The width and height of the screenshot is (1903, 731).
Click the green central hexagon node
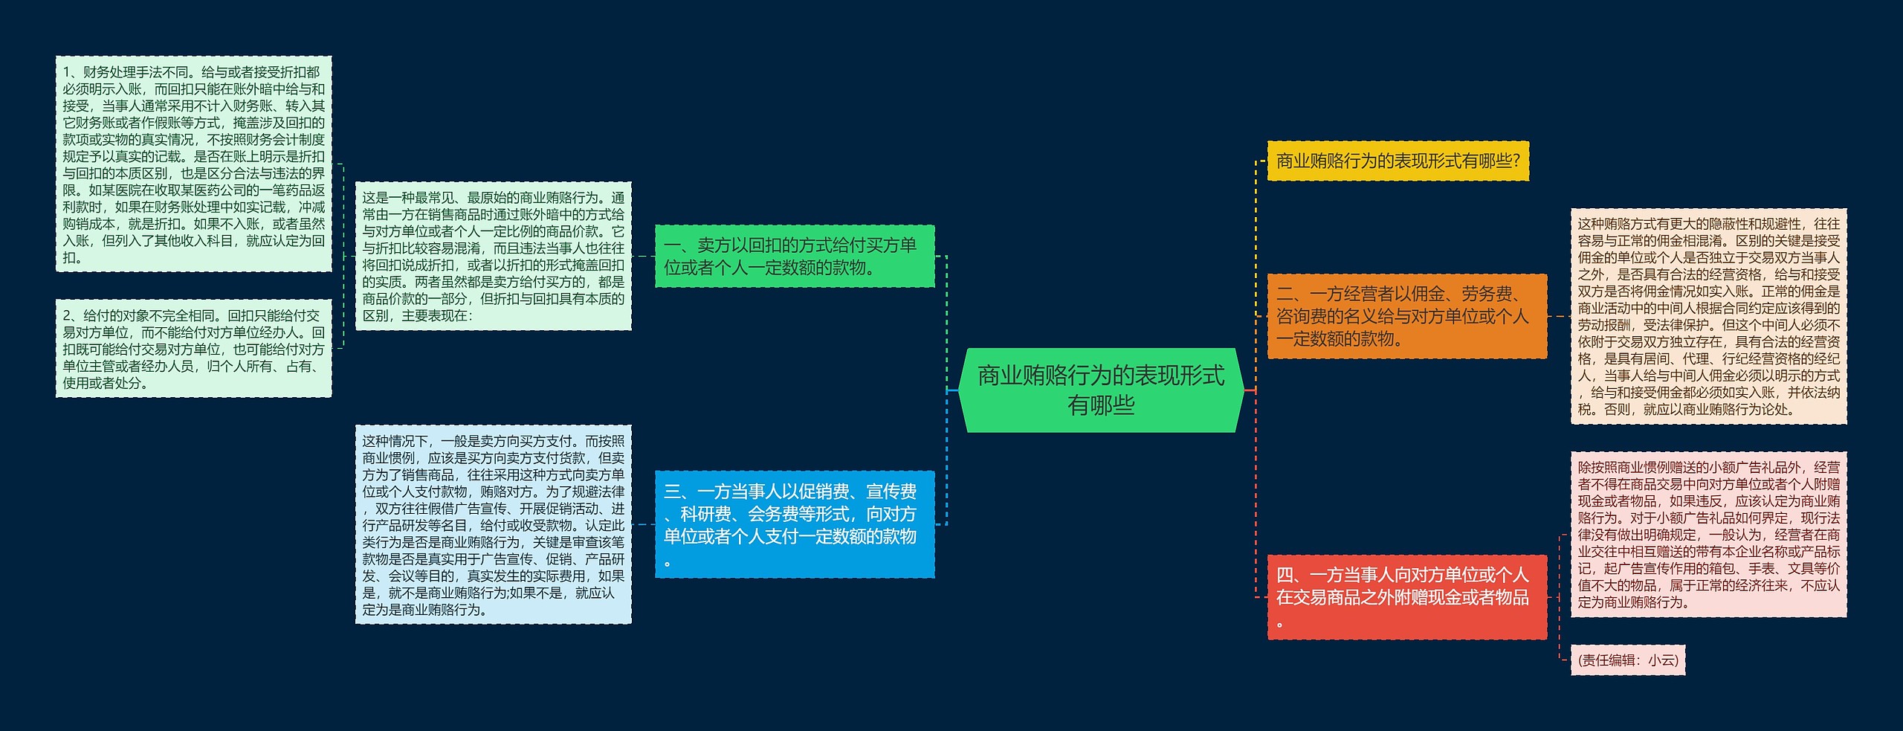pos(1100,390)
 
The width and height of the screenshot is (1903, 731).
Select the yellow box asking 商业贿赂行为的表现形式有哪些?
pos(1398,161)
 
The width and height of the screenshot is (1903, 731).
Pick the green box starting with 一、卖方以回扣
pos(794,256)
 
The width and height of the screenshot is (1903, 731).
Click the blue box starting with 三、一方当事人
pos(794,524)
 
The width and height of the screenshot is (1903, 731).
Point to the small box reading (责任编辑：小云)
pos(1627,660)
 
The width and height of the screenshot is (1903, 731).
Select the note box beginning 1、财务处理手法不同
pos(193,164)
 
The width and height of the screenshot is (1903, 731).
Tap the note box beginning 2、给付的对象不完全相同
pos(193,348)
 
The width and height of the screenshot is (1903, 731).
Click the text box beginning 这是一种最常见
pos(493,256)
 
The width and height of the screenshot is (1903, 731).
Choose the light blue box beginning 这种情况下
pos(493,524)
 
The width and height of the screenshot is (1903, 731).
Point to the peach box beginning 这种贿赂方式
pos(1708,316)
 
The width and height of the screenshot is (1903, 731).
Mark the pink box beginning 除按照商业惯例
pos(1708,534)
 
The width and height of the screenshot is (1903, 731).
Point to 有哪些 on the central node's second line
pos(1100,405)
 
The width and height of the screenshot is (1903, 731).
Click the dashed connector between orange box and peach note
pos(1559,316)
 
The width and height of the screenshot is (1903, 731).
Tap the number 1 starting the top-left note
pos(66,72)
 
